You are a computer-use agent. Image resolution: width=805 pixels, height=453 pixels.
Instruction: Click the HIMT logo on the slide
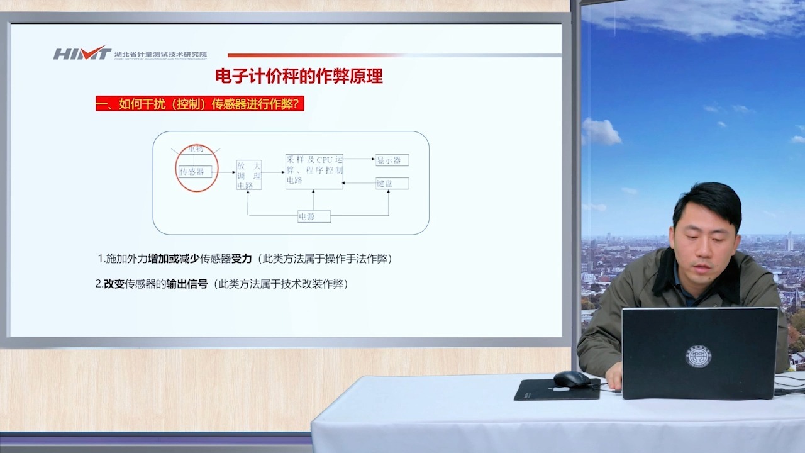tap(82, 53)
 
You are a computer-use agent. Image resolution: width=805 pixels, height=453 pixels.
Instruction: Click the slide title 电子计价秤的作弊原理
tap(299, 77)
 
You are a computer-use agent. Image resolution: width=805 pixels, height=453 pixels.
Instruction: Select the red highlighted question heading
tap(199, 104)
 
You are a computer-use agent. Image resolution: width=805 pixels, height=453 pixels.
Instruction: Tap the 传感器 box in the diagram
tap(192, 171)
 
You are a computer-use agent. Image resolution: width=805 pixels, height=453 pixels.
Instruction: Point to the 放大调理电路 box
tap(248, 174)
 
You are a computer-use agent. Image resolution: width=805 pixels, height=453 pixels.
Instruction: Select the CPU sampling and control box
tap(314, 171)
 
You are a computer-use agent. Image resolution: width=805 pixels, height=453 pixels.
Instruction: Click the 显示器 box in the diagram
tap(392, 160)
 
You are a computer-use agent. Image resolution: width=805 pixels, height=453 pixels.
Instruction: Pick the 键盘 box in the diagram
tap(392, 183)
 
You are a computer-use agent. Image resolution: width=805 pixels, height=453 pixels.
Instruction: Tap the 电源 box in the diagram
tap(314, 216)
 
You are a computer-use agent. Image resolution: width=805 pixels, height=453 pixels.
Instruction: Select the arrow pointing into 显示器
tap(359, 159)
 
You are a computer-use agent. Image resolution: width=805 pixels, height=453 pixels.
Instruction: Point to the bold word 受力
tap(241, 259)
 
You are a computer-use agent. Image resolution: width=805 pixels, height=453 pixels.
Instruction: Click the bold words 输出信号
tap(187, 284)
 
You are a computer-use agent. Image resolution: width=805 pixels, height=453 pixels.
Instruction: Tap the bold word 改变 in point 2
tap(114, 284)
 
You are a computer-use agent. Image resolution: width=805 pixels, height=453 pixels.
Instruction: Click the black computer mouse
tap(571, 379)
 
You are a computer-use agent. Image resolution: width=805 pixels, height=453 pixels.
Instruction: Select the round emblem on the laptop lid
tap(698, 356)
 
